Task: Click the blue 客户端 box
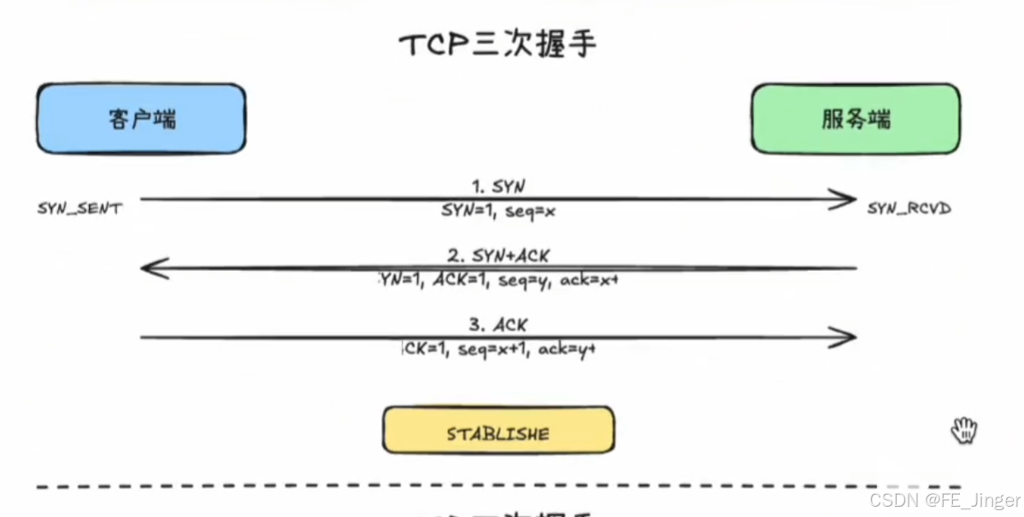pos(141,119)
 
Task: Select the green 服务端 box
pos(855,119)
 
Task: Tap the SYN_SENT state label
pos(79,209)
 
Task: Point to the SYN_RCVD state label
pos(909,209)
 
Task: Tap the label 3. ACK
pos(497,325)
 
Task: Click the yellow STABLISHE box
pos(497,430)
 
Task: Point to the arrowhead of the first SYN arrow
pos(847,200)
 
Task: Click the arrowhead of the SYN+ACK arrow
pos(150,269)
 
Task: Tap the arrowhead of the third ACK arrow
pos(847,338)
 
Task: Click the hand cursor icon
pos(964,430)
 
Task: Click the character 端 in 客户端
pos(165,119)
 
